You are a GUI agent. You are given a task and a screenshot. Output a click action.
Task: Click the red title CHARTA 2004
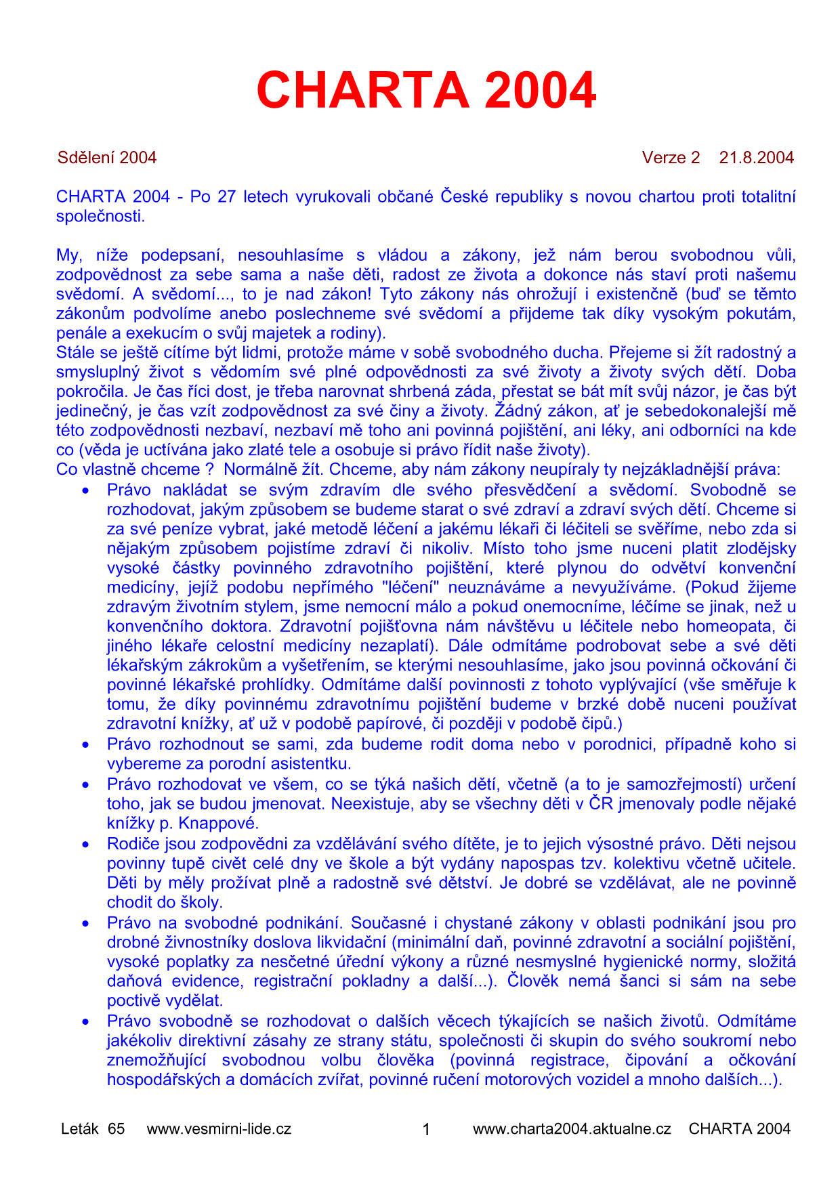point(426,90)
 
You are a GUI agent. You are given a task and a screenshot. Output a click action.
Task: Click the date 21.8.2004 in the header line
point(756,158)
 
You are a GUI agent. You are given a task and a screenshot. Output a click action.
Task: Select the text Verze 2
point(671,158)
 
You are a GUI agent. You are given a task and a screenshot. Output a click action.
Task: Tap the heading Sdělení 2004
point(107,158)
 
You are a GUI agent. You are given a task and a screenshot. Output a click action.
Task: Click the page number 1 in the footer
point(426,1129)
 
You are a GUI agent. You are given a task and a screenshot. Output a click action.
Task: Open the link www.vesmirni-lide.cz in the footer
point(219,1128)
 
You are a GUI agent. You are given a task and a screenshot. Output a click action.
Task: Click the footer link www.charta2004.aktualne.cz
point(572,1128)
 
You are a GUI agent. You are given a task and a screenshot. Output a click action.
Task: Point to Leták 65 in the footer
point(93,1128)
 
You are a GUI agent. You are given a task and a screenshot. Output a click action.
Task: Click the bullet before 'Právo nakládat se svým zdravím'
point(86,490)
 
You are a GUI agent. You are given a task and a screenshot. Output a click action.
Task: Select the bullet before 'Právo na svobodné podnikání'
point(86,923)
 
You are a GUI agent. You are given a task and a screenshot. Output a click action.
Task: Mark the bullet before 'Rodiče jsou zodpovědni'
point(86,845)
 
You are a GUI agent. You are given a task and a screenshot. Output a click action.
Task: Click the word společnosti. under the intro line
point(100,217)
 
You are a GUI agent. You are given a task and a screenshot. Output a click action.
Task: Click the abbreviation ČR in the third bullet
point(600,804)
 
